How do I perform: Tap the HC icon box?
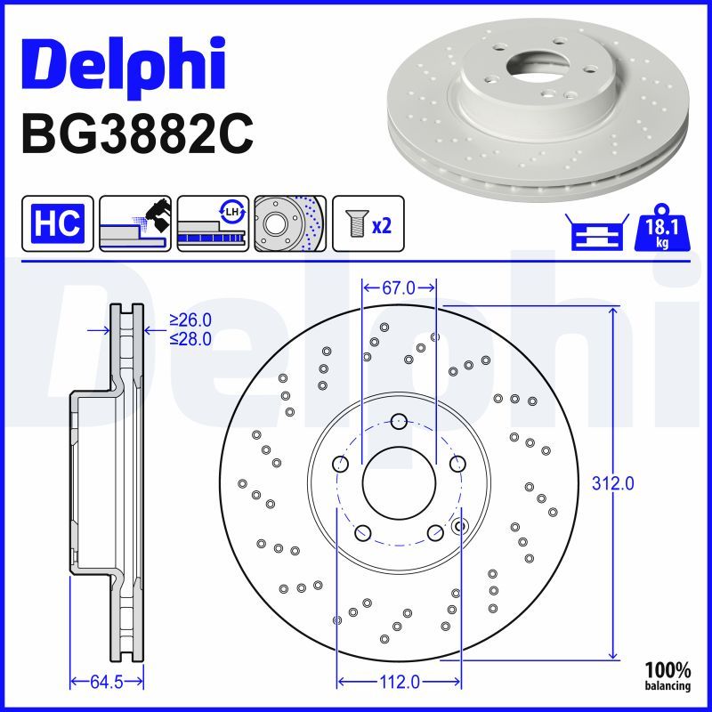pyautogui.click(x=58, y=223)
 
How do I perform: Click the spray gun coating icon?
pyautogui.click(x=135, y=223)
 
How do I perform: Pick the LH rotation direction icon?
pyautogui.click(x=213, y=223)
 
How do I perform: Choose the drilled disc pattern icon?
pyautogui.click(x=290, y=223)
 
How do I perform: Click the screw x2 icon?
pyautogui.click(x=368, y=223)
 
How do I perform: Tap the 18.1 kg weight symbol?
pyautogui.click(x=662, y=229)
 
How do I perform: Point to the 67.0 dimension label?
pyautogui.click(x=399, y=287)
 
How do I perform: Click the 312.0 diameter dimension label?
pyautogui.click(x=612, y=483)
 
